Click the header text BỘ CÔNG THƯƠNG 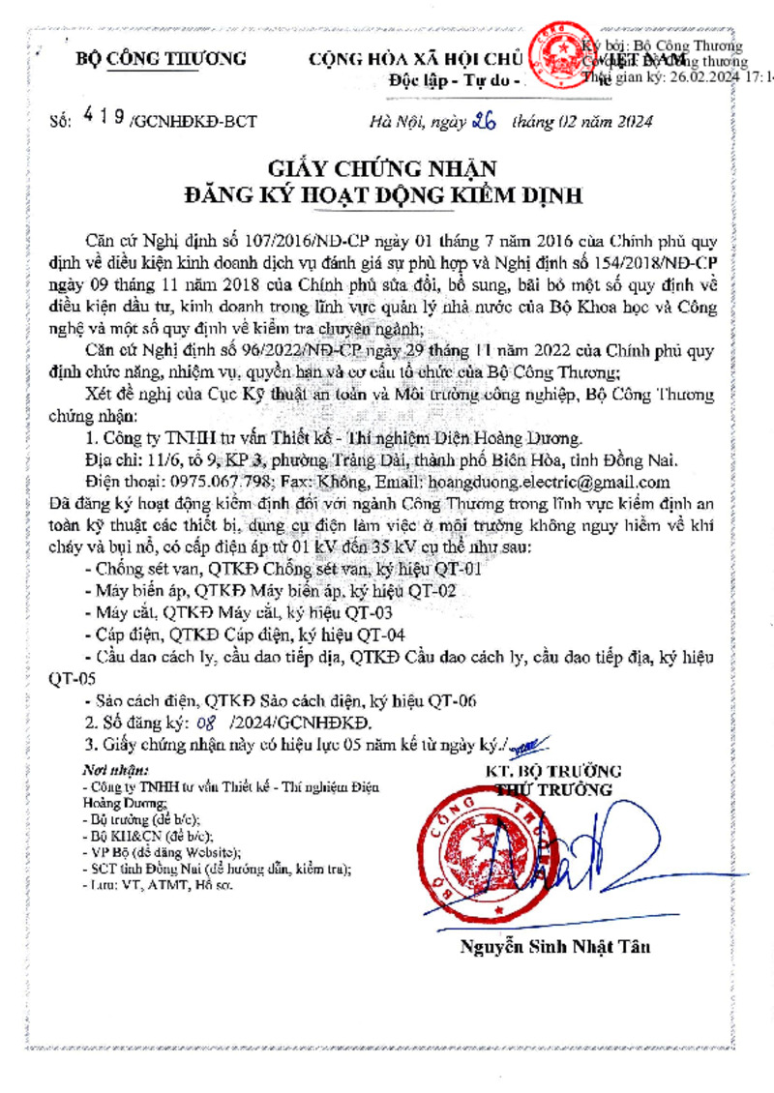pyautogui.click(x=162, y=59)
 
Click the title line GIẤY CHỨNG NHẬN pyautogui.click(x=384, y=169)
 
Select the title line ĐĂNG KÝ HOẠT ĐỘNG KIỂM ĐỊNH pyautogui.click(x=384, y=195)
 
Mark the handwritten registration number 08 pyautogui.click(x=204, y=723)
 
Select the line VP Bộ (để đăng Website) pyautogui.click(x=162, y=852)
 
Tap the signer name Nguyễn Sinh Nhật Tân pyautogui.click(x=554, y=947)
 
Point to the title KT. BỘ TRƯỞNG pyautogui.click(x=554, y=772)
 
